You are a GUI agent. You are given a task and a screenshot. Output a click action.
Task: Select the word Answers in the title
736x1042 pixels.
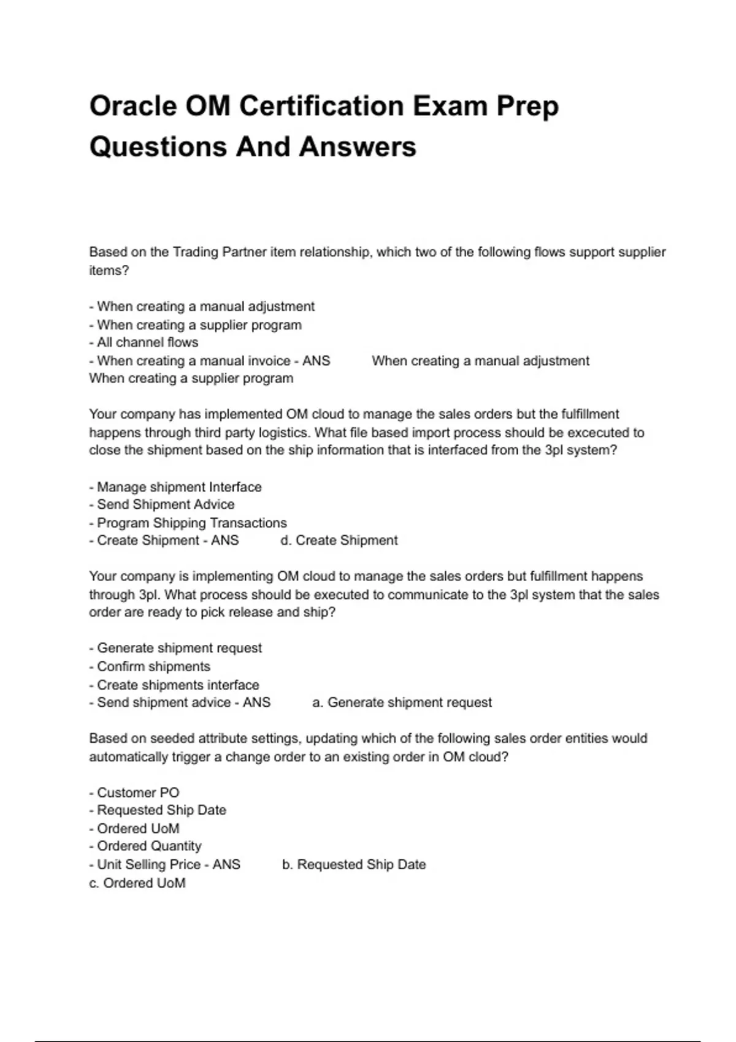358,147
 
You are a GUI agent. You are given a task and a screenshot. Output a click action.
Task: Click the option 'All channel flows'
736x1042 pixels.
147,342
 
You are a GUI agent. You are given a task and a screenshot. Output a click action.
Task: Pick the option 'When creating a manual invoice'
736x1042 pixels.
193,360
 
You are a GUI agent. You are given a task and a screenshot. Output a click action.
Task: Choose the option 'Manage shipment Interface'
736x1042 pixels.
178,487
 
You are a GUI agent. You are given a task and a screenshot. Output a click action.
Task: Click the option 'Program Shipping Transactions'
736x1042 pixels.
191,523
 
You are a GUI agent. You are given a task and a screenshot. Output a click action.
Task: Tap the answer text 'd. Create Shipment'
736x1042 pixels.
339,540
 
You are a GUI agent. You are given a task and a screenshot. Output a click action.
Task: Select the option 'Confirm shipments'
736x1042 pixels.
153,666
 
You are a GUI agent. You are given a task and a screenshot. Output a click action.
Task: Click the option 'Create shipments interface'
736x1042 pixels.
178,685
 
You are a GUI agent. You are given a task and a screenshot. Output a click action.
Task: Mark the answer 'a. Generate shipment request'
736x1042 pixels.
402,702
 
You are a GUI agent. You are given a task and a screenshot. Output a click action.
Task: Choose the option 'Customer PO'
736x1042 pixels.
138,793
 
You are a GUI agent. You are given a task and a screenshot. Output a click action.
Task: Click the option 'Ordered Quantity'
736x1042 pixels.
149,846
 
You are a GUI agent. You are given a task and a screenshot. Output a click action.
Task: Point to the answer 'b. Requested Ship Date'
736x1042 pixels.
354,864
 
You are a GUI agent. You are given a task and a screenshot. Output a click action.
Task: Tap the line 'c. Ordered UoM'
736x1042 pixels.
137,883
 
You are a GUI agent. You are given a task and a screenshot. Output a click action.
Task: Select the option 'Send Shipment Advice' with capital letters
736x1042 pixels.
166,504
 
